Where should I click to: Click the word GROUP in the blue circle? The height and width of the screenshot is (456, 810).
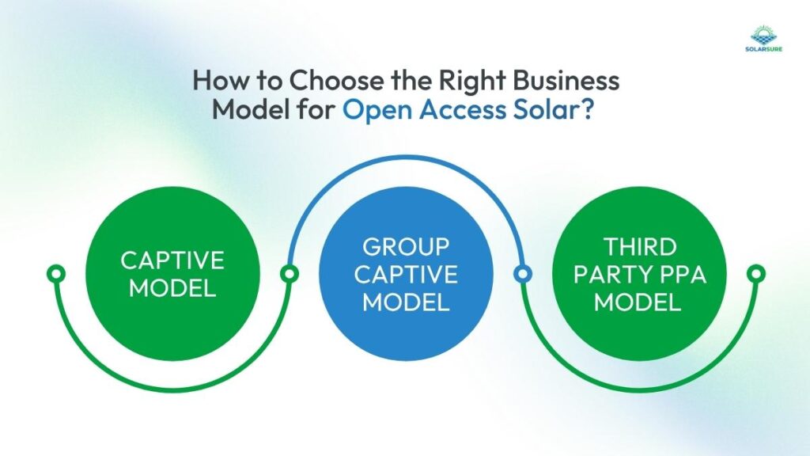(406, 248)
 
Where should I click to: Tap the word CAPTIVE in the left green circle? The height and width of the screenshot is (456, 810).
(172, 260)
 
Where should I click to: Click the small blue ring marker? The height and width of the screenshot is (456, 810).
(522, 274)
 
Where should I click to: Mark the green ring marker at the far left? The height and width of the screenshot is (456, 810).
(55, 274)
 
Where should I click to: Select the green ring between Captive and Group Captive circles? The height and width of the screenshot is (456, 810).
(290, 274)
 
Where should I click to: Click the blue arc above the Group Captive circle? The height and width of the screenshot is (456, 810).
(406, 158)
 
